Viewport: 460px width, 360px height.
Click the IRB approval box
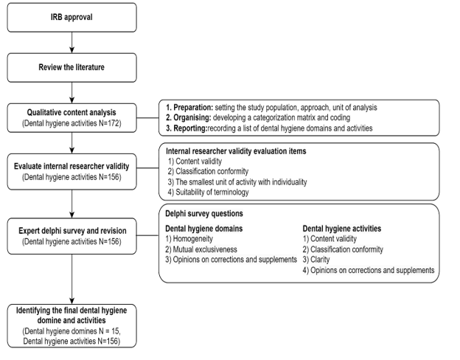[72, 17]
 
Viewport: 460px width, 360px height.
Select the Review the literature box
[72, 68]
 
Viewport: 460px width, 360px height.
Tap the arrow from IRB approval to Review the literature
[72, 43]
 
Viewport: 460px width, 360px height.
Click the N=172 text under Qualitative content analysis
[110, 123]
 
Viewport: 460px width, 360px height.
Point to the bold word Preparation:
[193, 108]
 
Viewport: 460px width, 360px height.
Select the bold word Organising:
[192, 118]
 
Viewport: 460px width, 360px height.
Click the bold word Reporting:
[190, 128]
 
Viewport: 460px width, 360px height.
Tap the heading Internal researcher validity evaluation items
[236, 151]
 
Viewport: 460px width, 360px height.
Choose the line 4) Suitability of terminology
[209, 193]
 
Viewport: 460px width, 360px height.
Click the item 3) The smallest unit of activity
[237, 182]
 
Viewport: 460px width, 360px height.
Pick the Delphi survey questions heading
[204, 213]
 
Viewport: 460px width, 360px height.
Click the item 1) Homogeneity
[189, 239]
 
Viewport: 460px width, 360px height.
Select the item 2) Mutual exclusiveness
[201, 249]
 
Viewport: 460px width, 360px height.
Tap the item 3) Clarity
[316, 260]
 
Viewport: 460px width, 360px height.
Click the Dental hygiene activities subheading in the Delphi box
[342, 229]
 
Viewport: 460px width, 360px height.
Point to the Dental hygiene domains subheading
[204, 229]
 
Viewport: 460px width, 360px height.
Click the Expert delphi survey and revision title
[72, 231]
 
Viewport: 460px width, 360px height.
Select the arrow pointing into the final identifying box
[72, 279]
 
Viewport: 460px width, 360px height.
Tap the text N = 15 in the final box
[109, 331]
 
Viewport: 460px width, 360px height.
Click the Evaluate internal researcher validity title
[72, 166]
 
